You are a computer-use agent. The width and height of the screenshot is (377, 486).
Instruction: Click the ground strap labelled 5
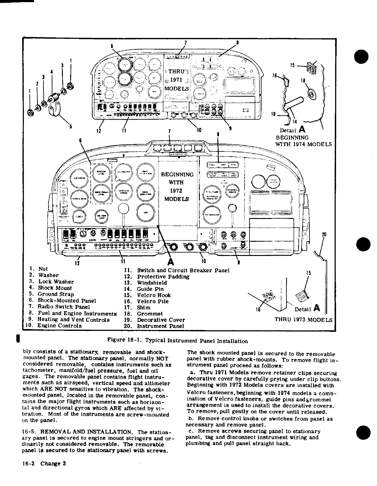pos(57,109)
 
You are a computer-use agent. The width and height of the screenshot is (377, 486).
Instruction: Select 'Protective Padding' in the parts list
pos(163,277)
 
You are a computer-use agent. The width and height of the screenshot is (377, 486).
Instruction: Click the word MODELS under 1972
pos(176,199)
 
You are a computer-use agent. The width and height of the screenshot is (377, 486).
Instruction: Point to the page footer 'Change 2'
pos(53,472)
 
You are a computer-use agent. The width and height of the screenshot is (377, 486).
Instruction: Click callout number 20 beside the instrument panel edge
pos(324,235)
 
